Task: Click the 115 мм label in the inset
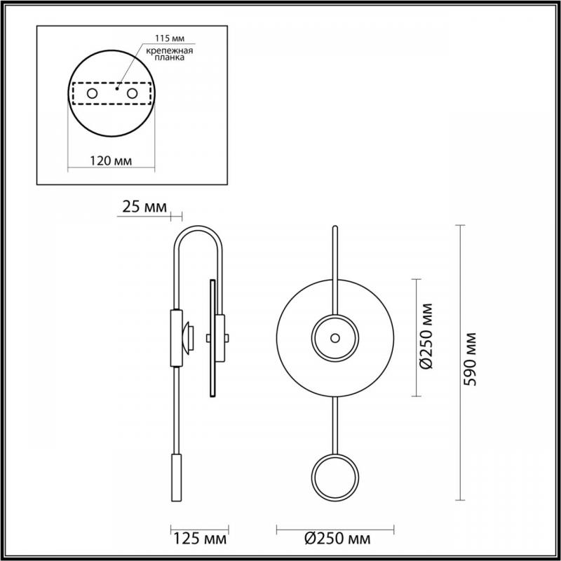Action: [x=170, y=39]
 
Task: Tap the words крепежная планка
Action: [x=170, y=54]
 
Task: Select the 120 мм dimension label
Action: [x=111, y=161]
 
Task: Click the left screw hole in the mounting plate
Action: [x=93, y=94]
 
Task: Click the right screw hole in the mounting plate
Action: [x=132, y=94]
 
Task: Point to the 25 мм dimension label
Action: [x=144, y=207]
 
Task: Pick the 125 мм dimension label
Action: [x=200, y=539]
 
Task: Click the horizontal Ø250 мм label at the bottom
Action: [x=337, y=538]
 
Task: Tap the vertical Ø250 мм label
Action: [x=426, y=336]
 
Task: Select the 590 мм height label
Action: [x=470, y=360]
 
